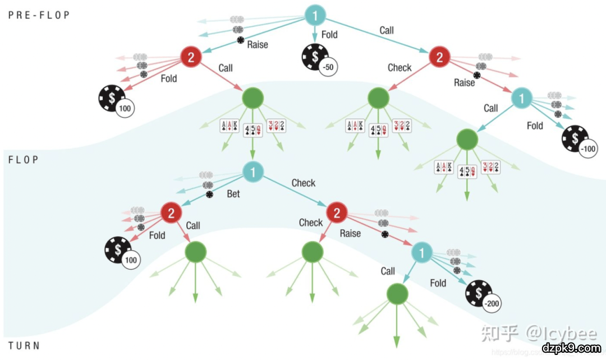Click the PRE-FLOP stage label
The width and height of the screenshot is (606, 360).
(39, 15)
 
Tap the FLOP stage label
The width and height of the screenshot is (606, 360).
(24, 160)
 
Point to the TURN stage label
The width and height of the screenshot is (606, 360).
(24, 345)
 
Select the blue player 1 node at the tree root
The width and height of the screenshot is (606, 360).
(315, 15)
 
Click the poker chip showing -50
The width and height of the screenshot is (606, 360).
(317, 59)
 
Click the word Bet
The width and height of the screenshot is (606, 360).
(233, 193)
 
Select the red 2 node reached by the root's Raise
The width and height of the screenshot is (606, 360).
(191, 56)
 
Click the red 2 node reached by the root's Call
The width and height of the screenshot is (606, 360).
(439, 57)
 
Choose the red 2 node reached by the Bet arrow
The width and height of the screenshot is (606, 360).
(171, 213)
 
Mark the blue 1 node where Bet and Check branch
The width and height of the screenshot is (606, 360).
(254, 172)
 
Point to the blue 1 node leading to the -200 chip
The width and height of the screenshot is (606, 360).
(422, 252)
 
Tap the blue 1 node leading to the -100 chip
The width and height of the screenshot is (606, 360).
(522, 98)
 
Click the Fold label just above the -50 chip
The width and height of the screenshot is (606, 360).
(329, 35)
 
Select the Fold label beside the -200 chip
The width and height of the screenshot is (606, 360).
(438, 283)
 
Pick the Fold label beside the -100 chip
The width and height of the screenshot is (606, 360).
(535, 126)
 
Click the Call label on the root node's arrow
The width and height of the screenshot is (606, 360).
(387, 30)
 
